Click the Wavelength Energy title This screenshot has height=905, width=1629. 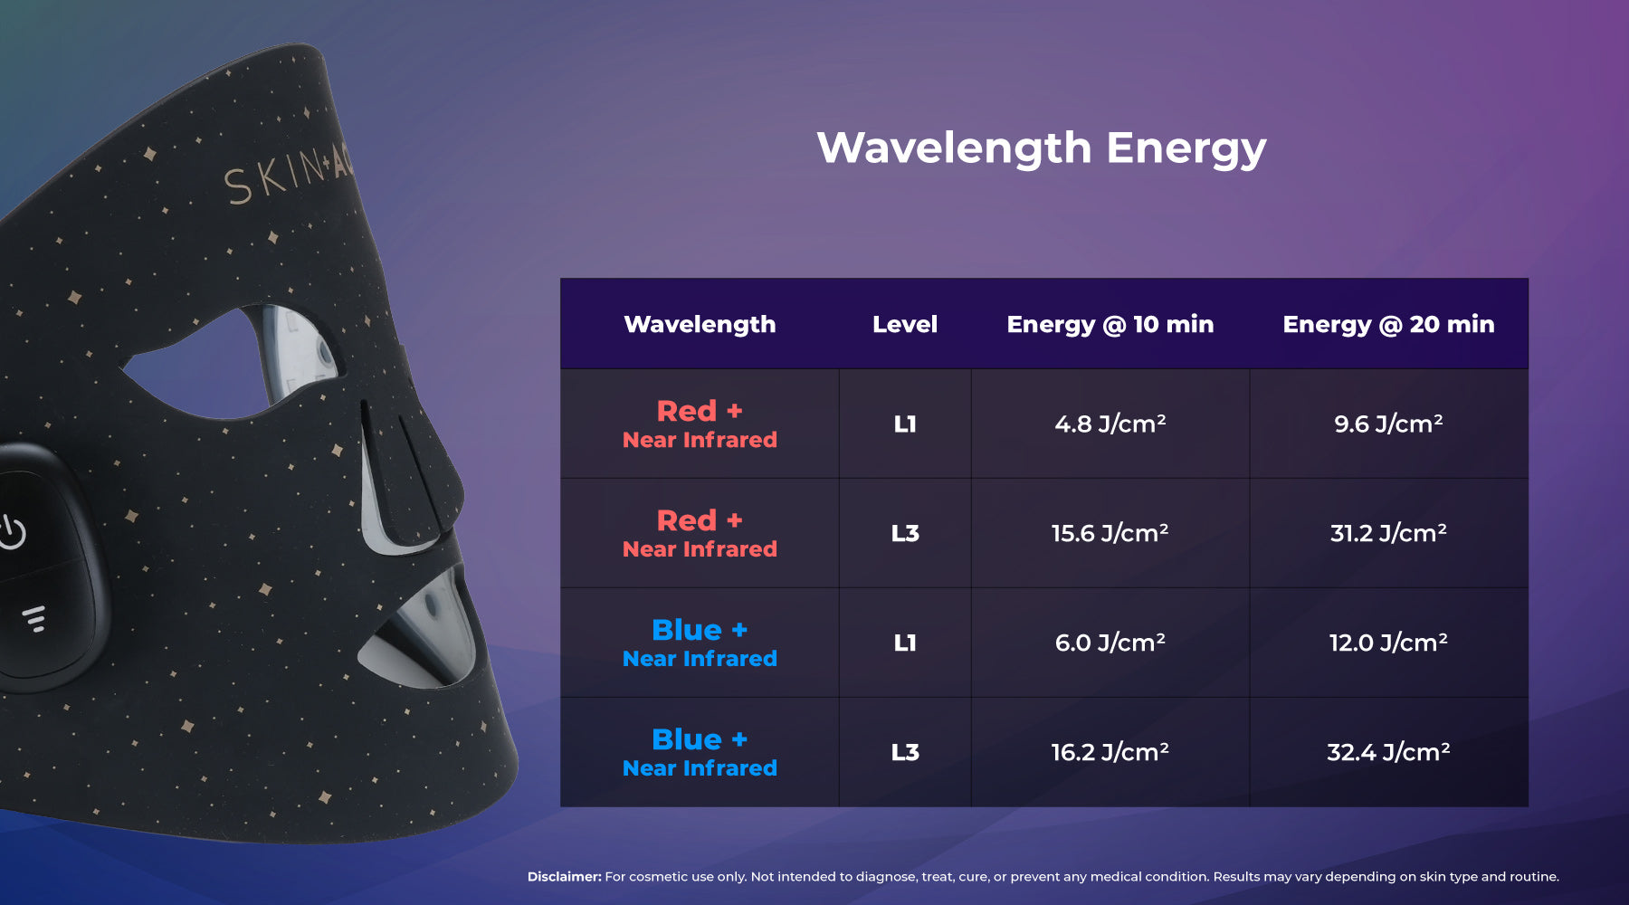coord(1041,148)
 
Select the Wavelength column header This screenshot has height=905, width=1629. coord(700,325)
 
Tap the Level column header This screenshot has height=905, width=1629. coord(905,324)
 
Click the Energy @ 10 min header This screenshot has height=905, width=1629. coord(1110,325)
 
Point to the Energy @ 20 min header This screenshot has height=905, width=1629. coord(1388,325)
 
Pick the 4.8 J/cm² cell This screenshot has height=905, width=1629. coord(1110,424)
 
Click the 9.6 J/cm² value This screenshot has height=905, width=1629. coord(1388,424)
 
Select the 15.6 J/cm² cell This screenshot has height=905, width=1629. coord(1110,533)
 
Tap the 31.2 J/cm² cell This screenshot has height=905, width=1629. coord(1388,533)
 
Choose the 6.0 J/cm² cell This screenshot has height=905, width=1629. coord(1110,643)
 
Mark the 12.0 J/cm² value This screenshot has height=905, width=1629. coord(1388,643)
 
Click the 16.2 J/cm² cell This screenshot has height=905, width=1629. coord(1110,752)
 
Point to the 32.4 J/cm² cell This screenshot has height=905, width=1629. coord(1388,752)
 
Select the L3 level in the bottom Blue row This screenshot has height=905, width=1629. coord(905,752)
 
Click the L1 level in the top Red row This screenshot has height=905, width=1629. coord(905,424)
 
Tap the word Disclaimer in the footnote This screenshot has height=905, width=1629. coord(565,876)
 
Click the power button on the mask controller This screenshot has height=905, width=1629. coord(13,532)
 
